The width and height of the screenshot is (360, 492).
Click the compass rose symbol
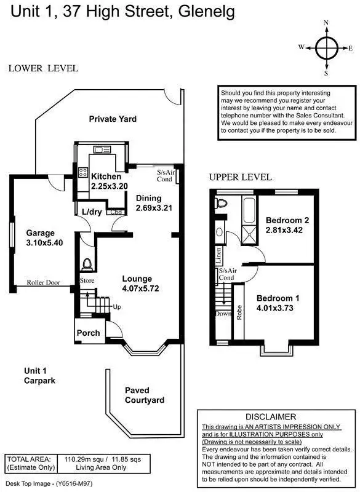click(x=326, y=47)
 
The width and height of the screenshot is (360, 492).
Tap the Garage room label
click(x=41, y=233)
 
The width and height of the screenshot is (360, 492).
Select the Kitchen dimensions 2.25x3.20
click(x=110, y=186)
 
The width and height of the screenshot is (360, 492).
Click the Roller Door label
click(x=43, y=283)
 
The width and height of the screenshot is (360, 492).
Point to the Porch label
click(x=88, y=333)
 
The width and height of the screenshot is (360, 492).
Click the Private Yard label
click(x=112, y=119)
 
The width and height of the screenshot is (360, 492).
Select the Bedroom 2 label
click(x=287, y=220)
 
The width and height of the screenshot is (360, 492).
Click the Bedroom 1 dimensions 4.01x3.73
click(x=278, y=309)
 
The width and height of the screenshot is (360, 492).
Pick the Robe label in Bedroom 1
click(x=239, y=311)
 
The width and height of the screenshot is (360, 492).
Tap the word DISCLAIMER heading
click(x=271, y=416)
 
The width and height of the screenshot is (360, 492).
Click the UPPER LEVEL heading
click(x=240, y=177)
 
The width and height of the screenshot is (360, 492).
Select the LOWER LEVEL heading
click(x=43, y=68)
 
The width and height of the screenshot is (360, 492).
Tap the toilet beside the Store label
click(x=87, y=264)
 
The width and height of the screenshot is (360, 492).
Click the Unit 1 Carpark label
click(x=40, y=376)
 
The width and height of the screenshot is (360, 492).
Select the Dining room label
click(x=149, y=198)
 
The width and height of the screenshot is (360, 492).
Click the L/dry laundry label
click(x=92, y=212)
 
